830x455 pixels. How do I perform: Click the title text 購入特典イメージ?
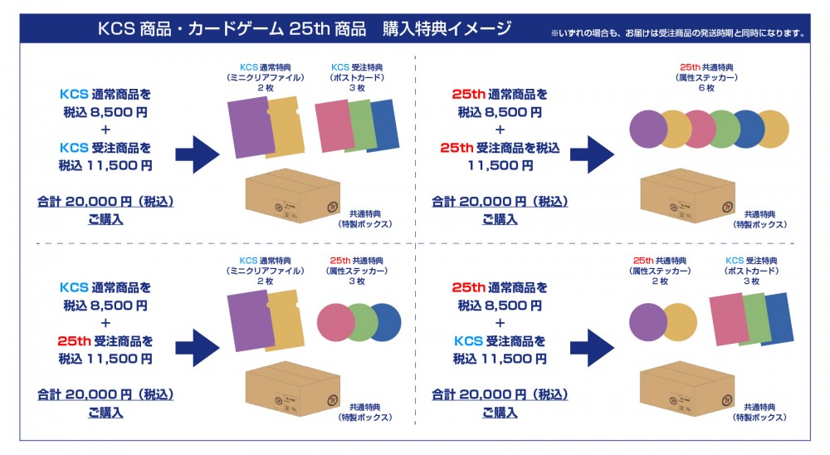point(447,29)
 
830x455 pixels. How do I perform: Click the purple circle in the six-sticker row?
point(649,129)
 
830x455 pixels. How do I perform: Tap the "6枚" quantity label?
point(707,88)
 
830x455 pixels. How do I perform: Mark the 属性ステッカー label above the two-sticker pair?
point(661,271)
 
